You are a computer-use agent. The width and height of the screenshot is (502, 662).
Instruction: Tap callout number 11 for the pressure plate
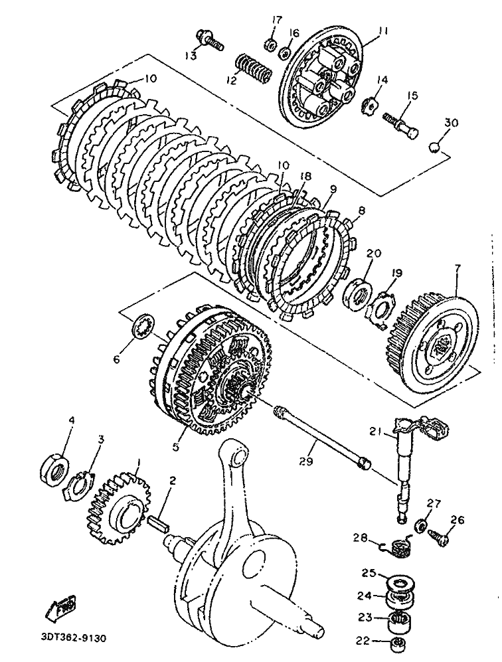coord(382,31)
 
